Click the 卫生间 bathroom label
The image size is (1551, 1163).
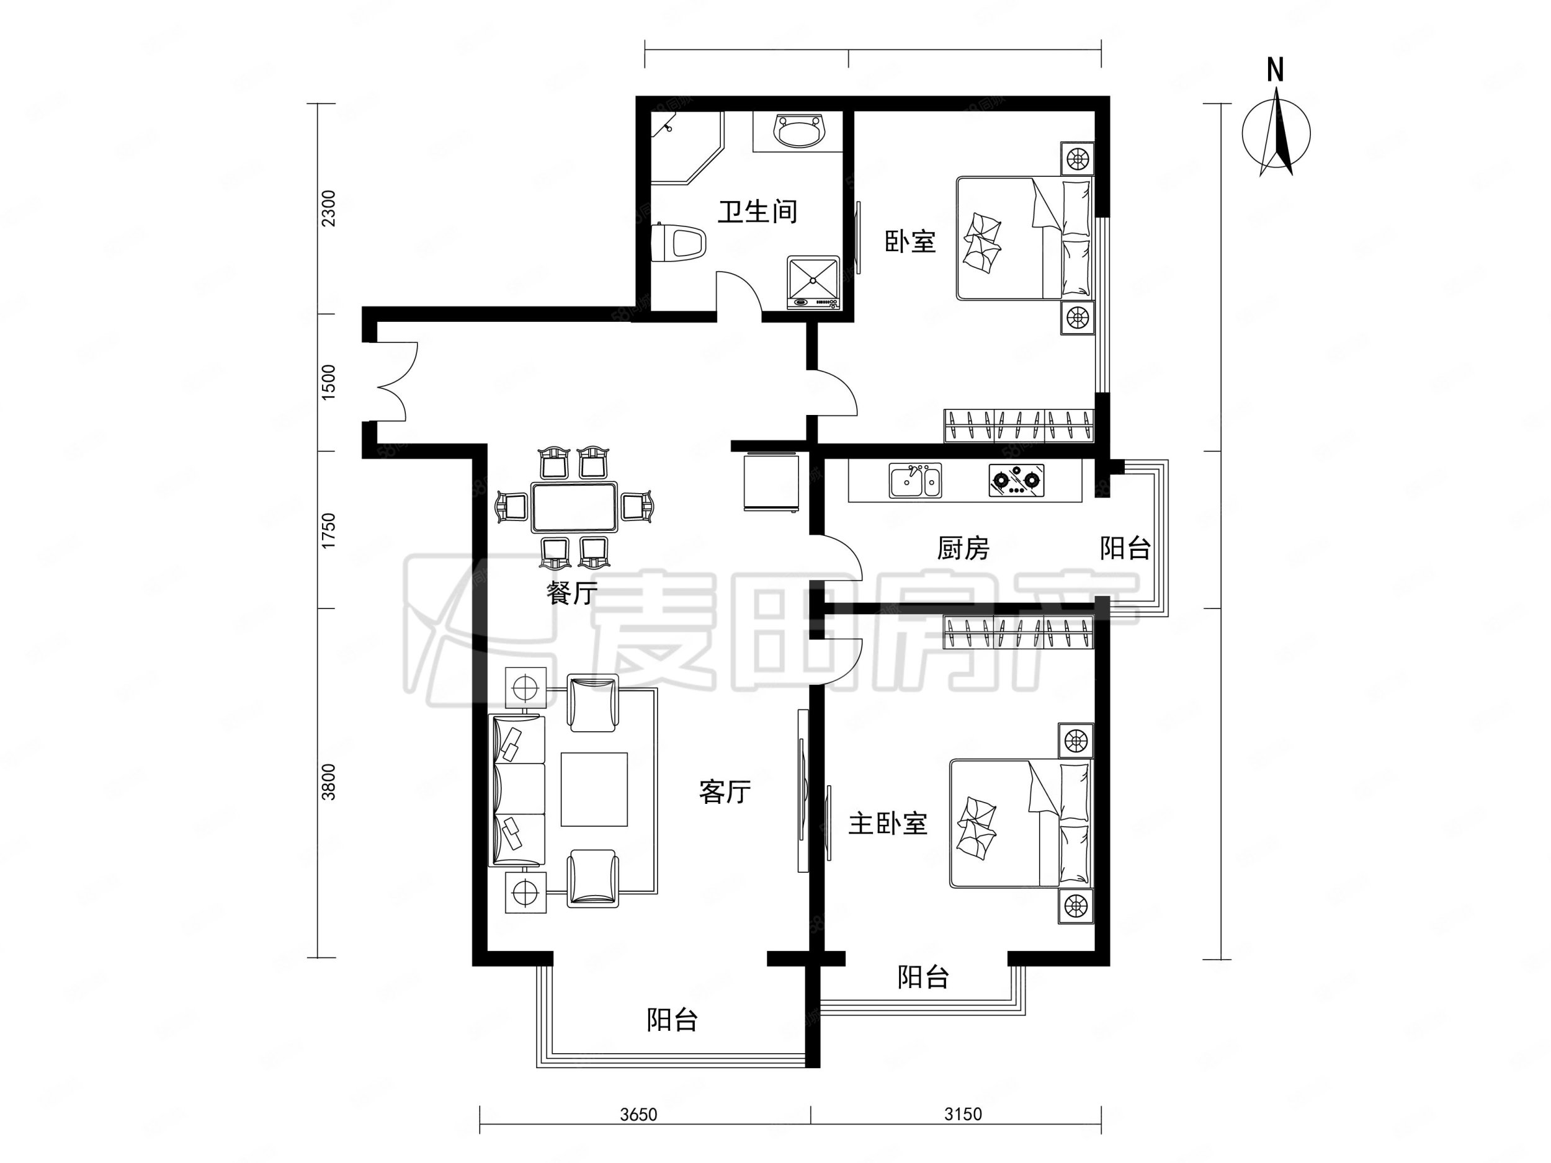pyautogui.click(x=758, y=212)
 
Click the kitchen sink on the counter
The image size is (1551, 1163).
pyautogui.click(x=915, y=481)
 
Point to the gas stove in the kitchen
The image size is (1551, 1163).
pyautogui.click(x=1016, y=481)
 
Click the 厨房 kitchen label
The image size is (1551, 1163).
pyautogui.click(x=963, y=548)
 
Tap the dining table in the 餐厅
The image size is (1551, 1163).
pyautogui.click(x=574, y=507)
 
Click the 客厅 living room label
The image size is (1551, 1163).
pyautogui.click(x=725, y=792)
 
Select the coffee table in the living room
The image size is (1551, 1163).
pyautogui.click(x=594, y=790)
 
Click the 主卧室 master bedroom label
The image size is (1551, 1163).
pyautogui.click(x=888, y=824)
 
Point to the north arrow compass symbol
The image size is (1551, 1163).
pyautogui.click(x=1276, y=133)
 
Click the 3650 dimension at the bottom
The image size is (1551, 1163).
pyautogui.click(x=638, y=1115)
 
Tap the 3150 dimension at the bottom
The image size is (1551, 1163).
pyautogui.click(x=963, y=1115)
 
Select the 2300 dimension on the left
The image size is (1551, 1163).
pyautogui.click(x=328, y=208)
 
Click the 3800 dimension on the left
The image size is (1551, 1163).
pyautogui.click(x=328, y=782)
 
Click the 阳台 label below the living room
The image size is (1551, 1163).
pyautogui.click(x=672, y=1020)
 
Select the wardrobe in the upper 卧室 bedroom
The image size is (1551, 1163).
pyautogui.click(x=1019, y=426)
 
